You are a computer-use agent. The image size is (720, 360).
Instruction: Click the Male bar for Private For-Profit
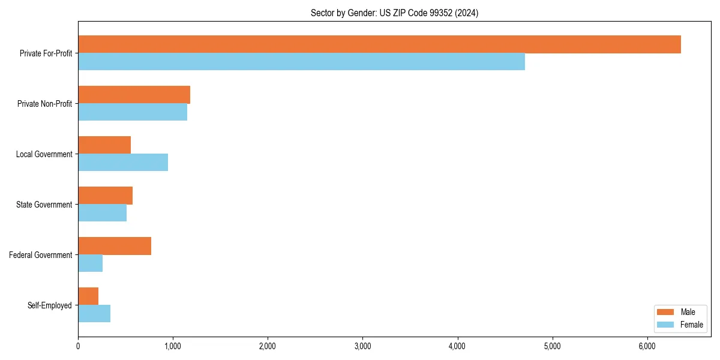(x=379, y=44)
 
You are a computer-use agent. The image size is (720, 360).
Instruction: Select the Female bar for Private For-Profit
(x=301, y=62)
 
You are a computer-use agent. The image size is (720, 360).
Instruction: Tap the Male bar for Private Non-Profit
(x=134, y=95)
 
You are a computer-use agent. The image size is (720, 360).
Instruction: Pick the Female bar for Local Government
(x=123, y=163)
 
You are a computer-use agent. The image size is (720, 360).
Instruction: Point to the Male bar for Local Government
(x=104, y=145)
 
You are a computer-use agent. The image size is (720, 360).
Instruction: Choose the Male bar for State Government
(x=105, y=196)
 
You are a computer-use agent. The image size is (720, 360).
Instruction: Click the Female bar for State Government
(x=102, y=213)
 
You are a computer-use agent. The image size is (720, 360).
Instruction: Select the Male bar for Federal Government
(x=115, y=246)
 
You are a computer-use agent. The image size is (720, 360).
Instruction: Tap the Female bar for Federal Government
(x=90, y=263)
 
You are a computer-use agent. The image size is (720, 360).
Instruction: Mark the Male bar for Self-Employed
(x=88, y=296)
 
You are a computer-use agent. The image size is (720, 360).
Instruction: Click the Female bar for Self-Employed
(x=94, y=314)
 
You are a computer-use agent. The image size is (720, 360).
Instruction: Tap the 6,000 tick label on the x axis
(x=647, y=346)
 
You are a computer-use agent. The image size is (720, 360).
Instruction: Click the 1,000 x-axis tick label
(x=173, y=346)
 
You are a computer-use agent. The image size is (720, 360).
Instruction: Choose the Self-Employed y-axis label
(x=50, y=305)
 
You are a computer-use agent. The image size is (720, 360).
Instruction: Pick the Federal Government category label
(x=41, y=255)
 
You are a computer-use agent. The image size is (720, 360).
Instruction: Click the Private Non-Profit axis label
(x=45, y=104)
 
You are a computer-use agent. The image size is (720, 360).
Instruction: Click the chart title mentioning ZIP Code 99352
(x=394, y=13)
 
